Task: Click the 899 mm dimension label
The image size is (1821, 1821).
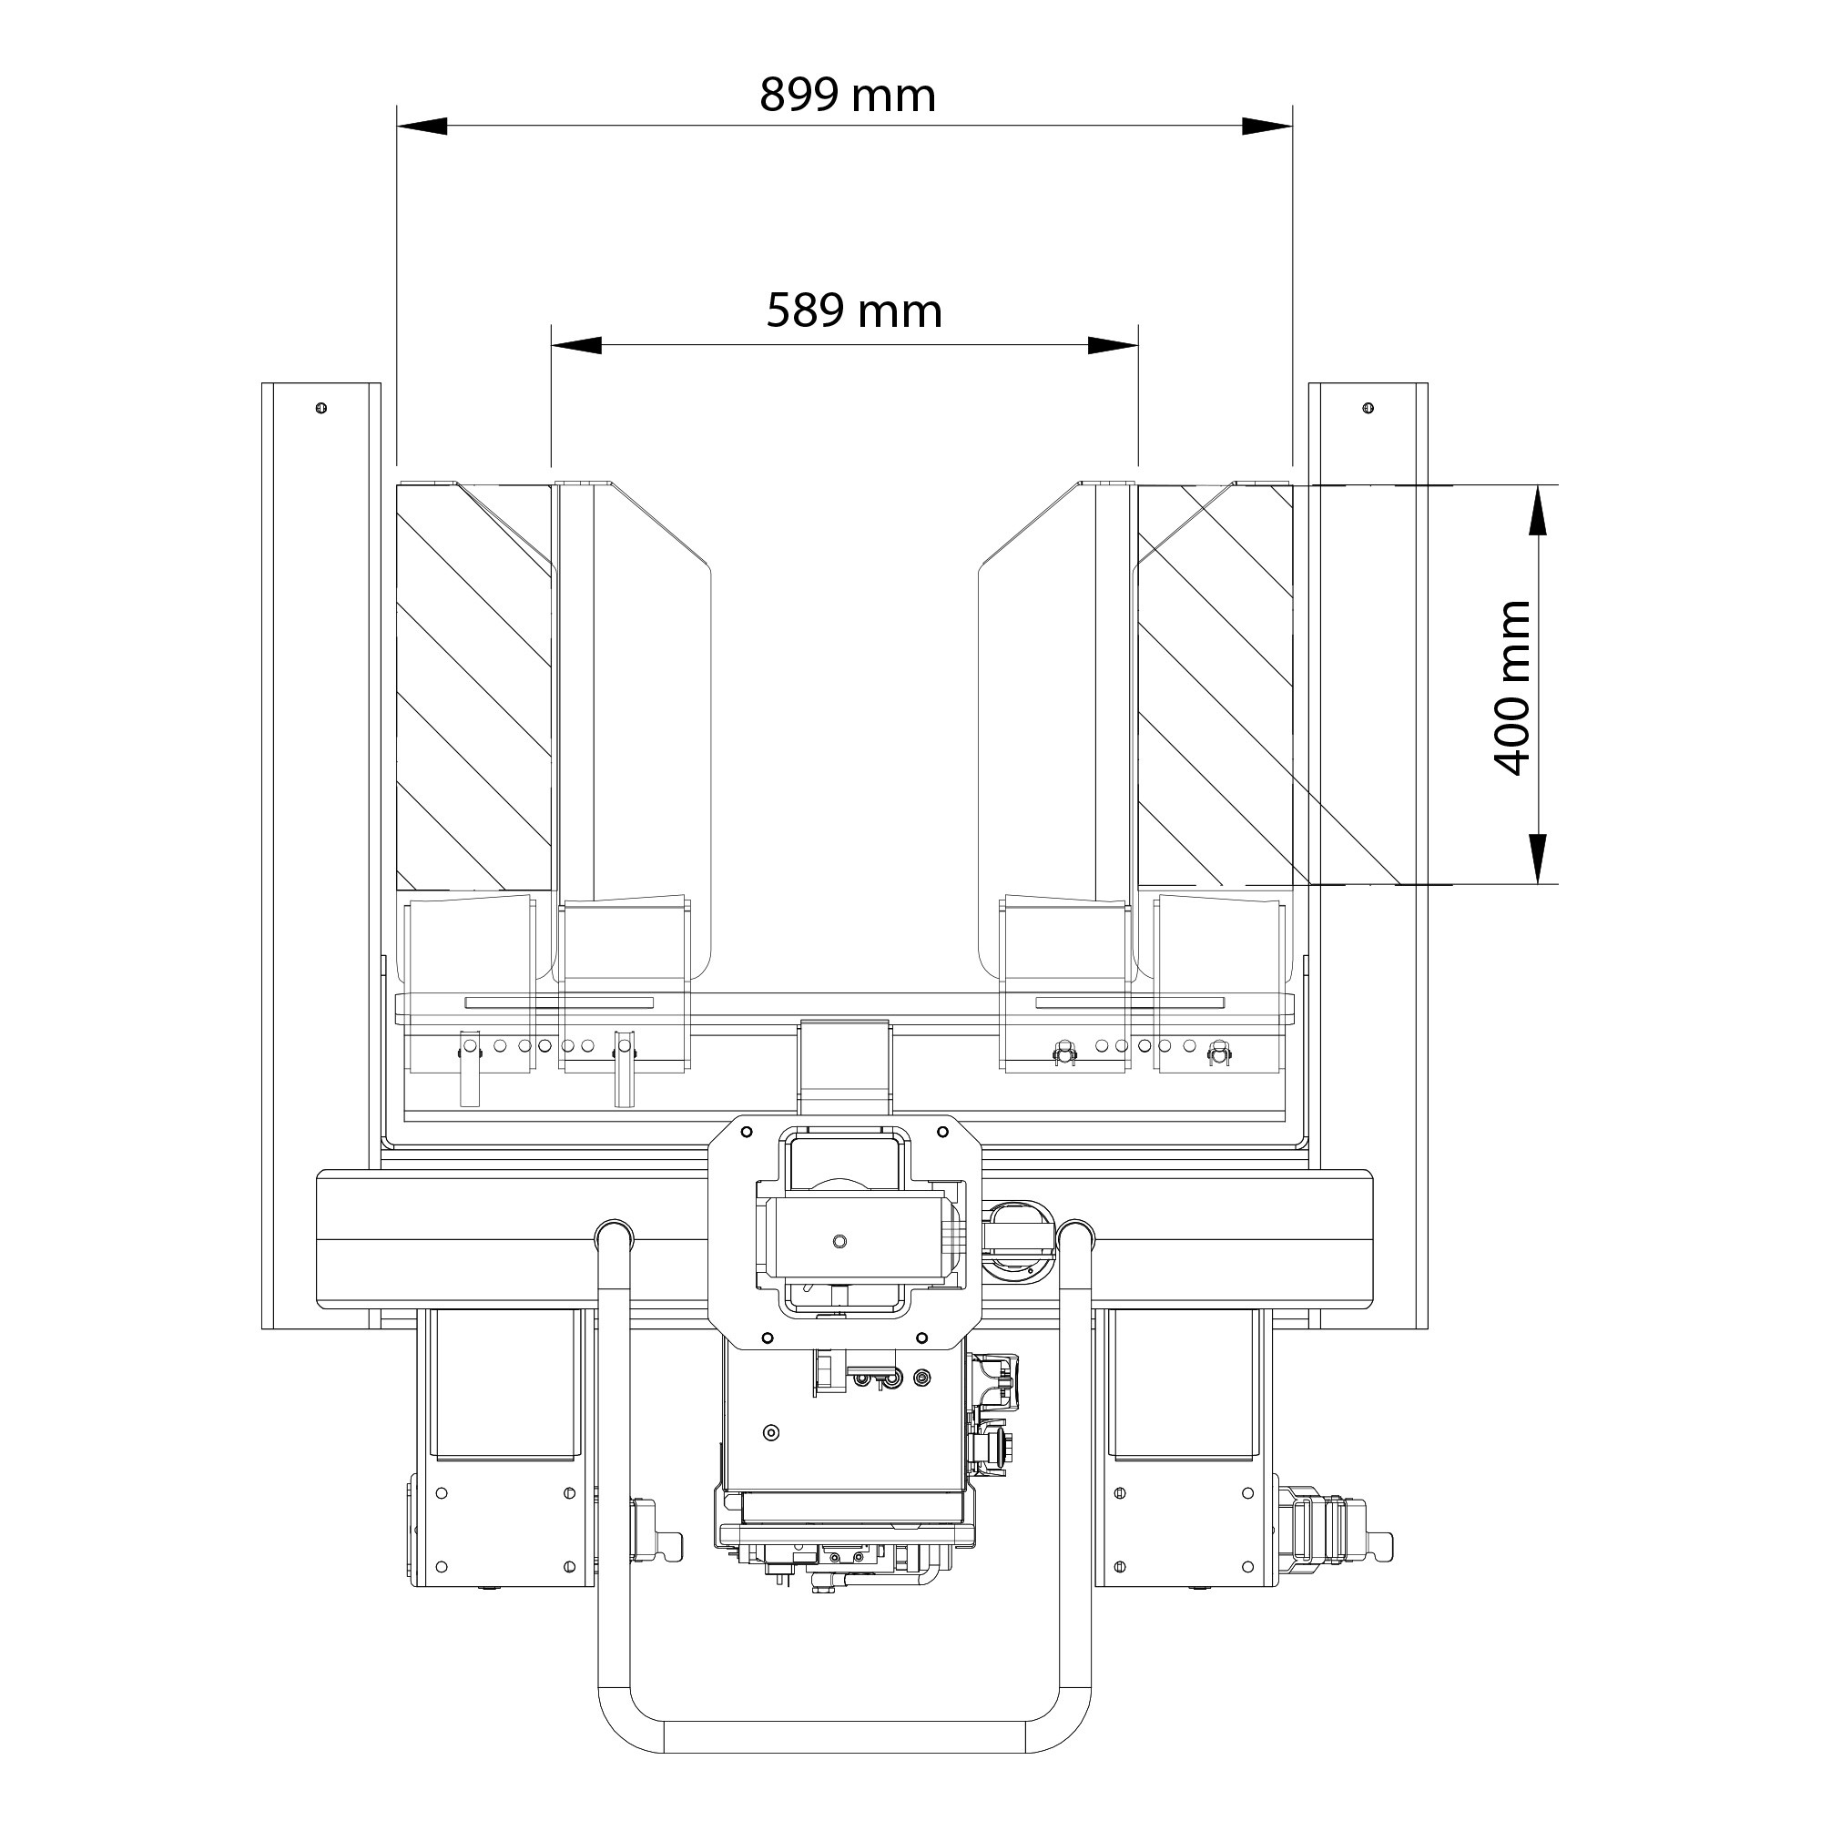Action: tap(848, 96)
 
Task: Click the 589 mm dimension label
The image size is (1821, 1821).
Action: tap(854, 311)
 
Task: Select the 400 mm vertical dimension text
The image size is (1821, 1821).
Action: tap(1514, 687)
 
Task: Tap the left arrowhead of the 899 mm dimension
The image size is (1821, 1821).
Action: tap(422, 127)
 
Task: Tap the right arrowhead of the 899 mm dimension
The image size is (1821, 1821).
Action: tap(1267, 127)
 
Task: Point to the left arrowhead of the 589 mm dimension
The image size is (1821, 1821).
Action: tap(577, 346)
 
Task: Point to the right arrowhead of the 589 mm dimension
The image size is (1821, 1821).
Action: tap(1114, 346)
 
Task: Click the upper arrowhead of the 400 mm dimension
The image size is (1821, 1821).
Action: tap(1537, 510)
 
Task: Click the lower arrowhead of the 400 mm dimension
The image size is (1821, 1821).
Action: tap(1537, 859)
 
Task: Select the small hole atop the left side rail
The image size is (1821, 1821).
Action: tap(321, 408)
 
